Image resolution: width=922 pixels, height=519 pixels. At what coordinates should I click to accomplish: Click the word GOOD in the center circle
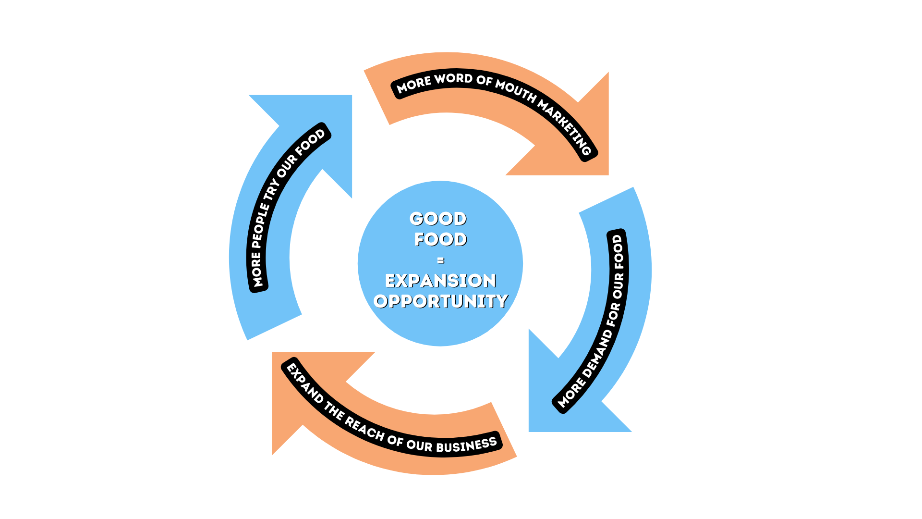tap(438, 219)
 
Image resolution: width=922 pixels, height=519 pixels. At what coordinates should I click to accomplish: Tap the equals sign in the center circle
tap(441, 260)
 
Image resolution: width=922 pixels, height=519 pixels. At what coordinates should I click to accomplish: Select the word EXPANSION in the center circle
tap(440, 281)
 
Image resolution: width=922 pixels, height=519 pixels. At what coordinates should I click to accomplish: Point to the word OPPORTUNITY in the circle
tap(440, 301)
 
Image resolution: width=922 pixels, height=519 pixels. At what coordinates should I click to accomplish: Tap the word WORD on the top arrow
tap(453, 78)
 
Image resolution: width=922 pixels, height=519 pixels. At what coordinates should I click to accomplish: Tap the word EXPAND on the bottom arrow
tap(305, 383)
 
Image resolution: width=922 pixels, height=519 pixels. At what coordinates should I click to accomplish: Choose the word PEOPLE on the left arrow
tap(260, 226)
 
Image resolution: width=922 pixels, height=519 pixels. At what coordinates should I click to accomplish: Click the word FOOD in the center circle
tap(440, 239)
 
